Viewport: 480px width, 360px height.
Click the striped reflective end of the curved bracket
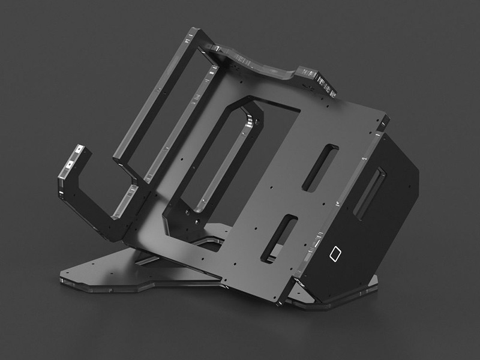pos(327,83)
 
